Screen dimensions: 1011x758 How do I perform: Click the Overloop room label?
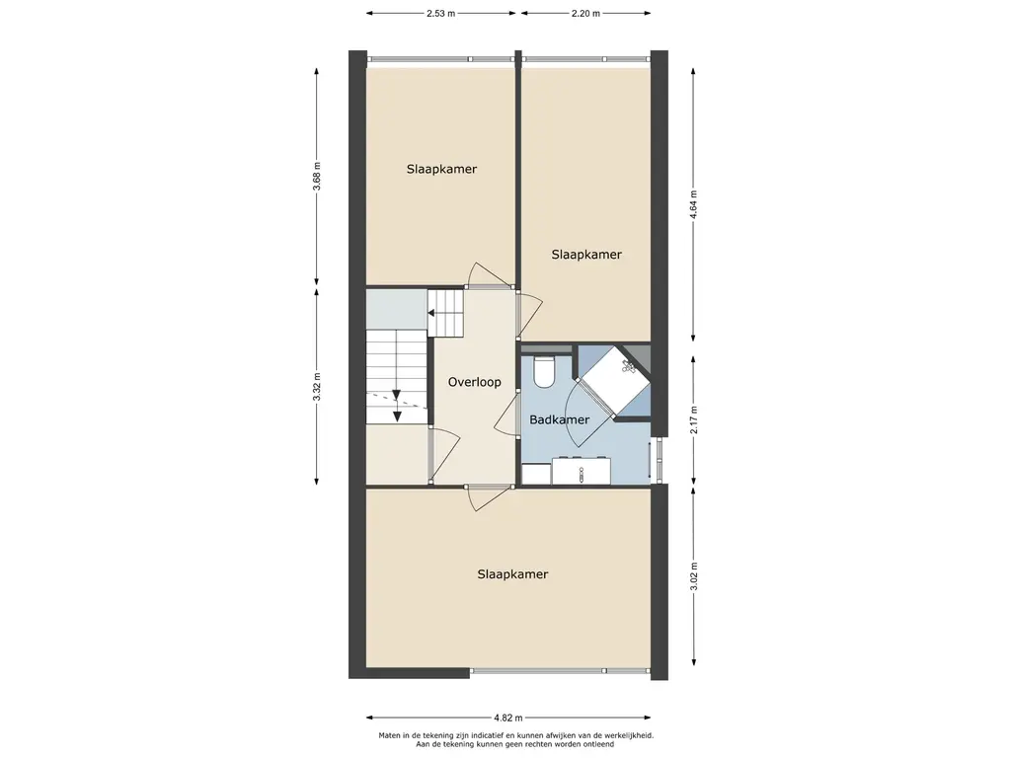pyautogui.click(x=475, y=382)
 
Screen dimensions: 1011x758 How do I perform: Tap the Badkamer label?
pyautogui.click(x=559, y=419)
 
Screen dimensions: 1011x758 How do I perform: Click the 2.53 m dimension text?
pyautogui.click(x=441, y=13)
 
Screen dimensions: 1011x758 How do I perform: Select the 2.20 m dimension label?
pyautogui.click(x=585, y=13)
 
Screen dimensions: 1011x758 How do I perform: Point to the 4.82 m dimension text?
pyautogui.click(x=508, y=718)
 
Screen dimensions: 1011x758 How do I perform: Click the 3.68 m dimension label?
pyautogui.click(x=317, y=176)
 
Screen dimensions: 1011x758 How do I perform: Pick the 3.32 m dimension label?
pyautogui.click(x=317, y=387)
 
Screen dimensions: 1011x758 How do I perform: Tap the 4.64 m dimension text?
pyautogui.click(x=694, y=205)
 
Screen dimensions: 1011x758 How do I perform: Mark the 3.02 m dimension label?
pyautogui.click(x=694, y=576)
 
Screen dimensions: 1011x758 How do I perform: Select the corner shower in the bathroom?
pyautogui.click(x=614, y=380)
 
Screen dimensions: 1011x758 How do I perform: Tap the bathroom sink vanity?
pyautogui.click(x=581, y=471)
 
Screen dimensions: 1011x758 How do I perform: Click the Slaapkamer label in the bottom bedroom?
pyautogui.click(x=512, y=574)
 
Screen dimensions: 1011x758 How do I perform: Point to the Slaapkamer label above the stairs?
pyautogui.click(x=441, y=169)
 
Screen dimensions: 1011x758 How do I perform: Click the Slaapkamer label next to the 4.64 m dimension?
pyautogui.click(x=586, y=255)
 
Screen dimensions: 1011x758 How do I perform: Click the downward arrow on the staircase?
pyautogui.click(x=397, y=406)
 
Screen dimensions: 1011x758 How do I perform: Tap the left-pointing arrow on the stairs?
pyautogui.click(x=445, y=314)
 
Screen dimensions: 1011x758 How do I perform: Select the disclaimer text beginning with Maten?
pyautogui.click(x=515, y=739)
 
